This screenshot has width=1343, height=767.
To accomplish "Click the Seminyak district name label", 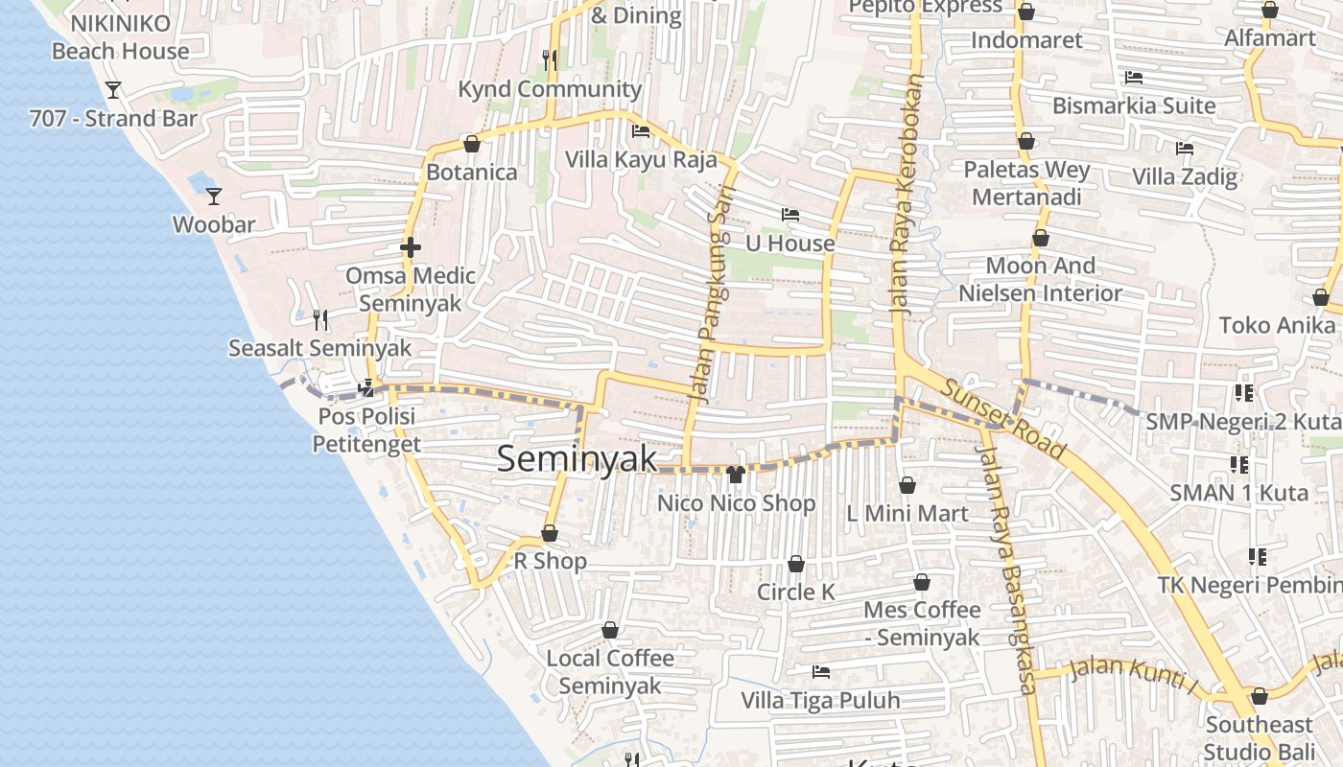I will tap(577, 459).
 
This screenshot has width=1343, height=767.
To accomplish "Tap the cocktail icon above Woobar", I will tap(214, 197).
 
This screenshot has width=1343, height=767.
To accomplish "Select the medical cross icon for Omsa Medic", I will tap(411, 247).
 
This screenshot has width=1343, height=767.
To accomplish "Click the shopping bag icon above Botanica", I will tap(471, 144).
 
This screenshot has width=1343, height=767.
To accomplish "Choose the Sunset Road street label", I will tap(1003, 418).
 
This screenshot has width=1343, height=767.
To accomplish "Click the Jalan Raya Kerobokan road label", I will tap(906, 197).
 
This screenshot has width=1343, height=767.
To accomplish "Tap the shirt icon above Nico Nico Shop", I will tap(736, 474).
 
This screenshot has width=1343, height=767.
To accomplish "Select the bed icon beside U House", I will tap(790, 215).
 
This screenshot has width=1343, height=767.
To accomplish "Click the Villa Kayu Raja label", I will tap(641, 159).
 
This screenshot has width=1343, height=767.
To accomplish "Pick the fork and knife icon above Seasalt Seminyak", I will tap(320, 319).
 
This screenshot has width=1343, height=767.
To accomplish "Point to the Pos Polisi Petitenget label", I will tap(366, 430).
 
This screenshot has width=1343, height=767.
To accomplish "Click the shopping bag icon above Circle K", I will tap(795, 564).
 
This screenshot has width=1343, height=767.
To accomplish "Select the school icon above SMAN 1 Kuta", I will tap(1239, 465).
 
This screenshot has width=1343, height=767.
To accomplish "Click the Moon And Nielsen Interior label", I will tap(1040, 279).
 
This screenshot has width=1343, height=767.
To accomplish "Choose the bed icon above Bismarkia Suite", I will tap(1133, 78).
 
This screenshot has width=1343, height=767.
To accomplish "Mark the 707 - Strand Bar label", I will tap(113, 119).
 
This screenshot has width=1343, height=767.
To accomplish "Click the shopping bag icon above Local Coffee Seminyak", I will tap(610, 630).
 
